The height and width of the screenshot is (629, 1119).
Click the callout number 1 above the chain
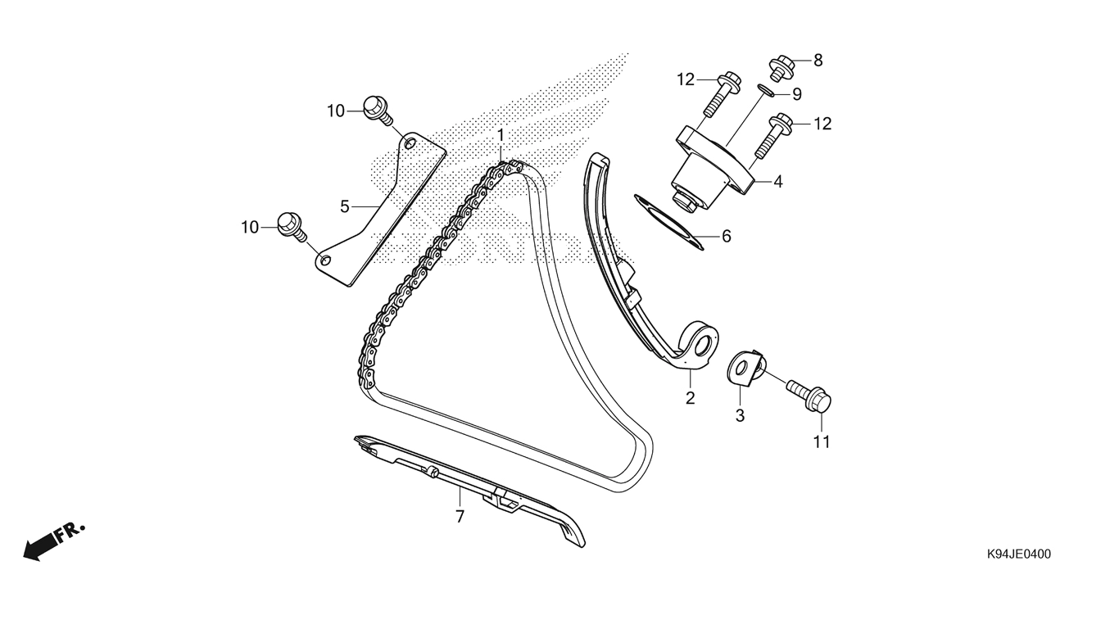(501, 136)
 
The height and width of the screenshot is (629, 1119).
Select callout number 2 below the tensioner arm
(690, 398)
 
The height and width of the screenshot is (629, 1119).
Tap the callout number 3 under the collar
(740, 415)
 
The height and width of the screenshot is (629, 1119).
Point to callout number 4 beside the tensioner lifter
(777, 182)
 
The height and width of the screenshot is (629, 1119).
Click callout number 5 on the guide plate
(344, 206)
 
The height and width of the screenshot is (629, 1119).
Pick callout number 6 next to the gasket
(727, 236)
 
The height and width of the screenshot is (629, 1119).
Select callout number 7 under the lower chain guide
(460, 516)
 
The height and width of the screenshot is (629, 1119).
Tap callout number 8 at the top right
(818, 61)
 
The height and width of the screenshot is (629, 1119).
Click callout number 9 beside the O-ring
(797, 94)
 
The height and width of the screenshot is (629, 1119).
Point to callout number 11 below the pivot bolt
(822, 442)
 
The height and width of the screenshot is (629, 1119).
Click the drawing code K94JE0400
(1018, 554)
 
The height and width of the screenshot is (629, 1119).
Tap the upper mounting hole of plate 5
(410, 144)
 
